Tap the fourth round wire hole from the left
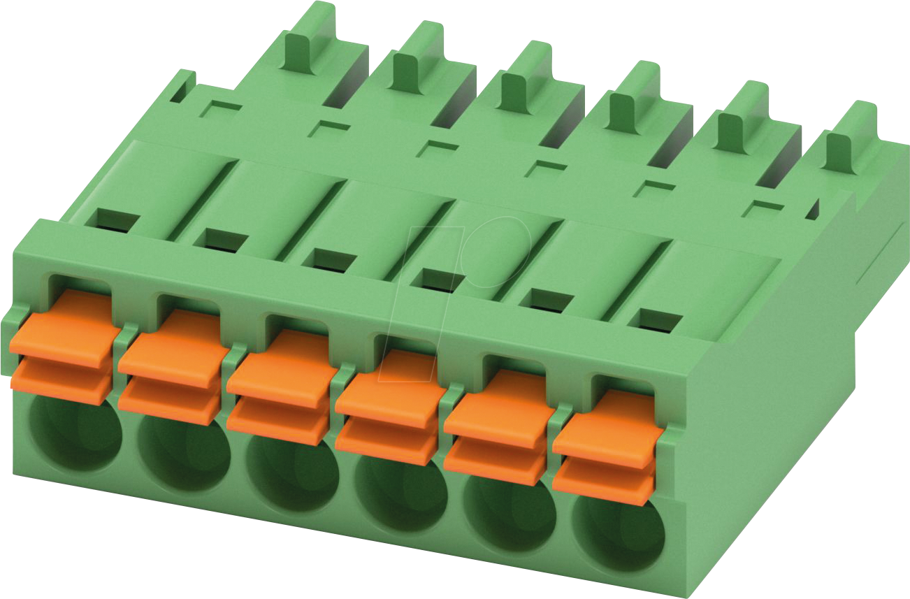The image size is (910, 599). pyautogui.click(x=400, y=493)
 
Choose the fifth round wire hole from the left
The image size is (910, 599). pyautogui.click(x=509, y=514)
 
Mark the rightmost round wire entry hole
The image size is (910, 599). pyautogui.click(x=619, y=535)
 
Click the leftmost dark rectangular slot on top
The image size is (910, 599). pyautogui.click(x=117, y=220)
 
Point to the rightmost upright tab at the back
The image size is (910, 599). pyautogui.click(x=850, y=136)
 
